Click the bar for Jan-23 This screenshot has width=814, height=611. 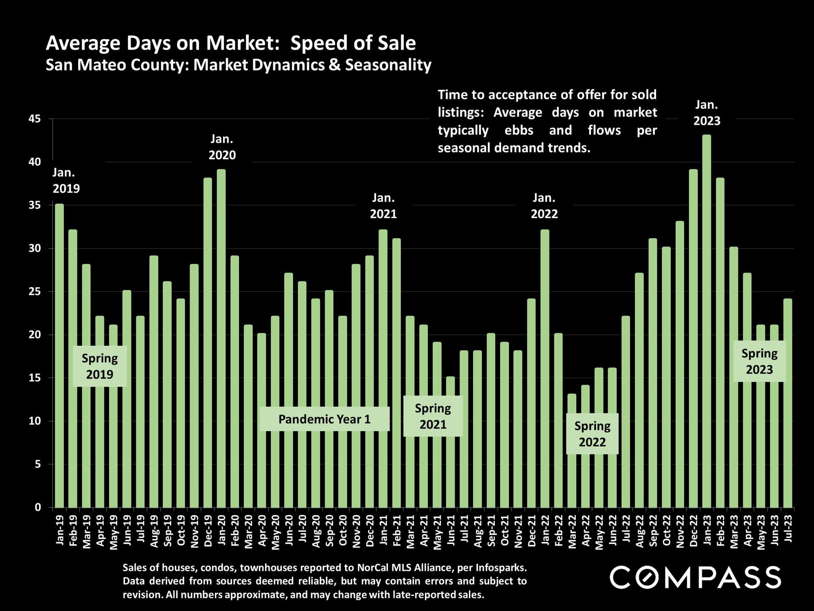pos(707,321)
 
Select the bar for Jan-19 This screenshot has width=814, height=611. pos(59,356)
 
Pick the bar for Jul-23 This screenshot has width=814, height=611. pos(788,403)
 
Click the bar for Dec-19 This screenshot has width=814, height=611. pos(208,343)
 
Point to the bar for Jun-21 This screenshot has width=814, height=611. pos(451,442)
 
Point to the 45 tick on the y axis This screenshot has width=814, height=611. pos(35,119)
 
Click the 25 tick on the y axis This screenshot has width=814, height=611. pos(35,292)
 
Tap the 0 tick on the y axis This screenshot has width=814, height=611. pos(38,508)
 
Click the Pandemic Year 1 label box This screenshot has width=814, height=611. pos(324,419)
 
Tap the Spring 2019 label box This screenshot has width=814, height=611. pos(100,366)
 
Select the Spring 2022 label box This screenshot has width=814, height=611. pos(592,434)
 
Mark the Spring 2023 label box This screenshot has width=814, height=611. pos(759,361)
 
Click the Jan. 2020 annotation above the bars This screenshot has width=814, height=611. pos(222,147)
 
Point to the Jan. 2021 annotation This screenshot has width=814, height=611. pos(383,206)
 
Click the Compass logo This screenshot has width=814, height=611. pos(695,576)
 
